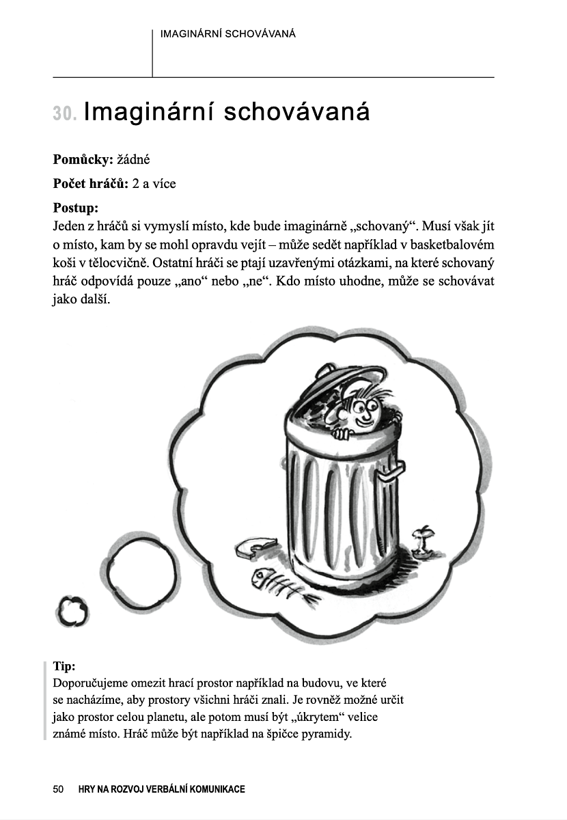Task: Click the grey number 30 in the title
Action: pyautogui.click(x=65, y=113)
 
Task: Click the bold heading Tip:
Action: pyautogui.click(x=64, y=666)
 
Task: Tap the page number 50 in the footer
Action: pyautogui.click(x=58, y=789)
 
